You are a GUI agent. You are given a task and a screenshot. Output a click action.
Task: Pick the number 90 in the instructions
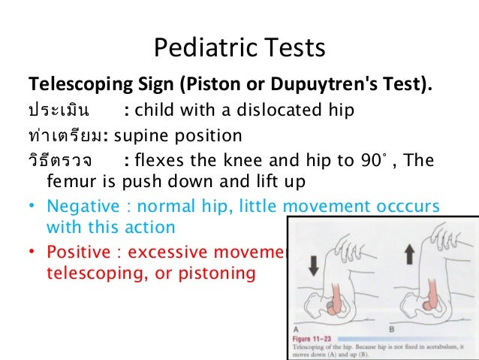pos(349,162)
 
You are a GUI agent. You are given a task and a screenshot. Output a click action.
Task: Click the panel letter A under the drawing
pos(296,329)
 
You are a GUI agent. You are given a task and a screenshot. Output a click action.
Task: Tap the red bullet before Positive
pos(33,251)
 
